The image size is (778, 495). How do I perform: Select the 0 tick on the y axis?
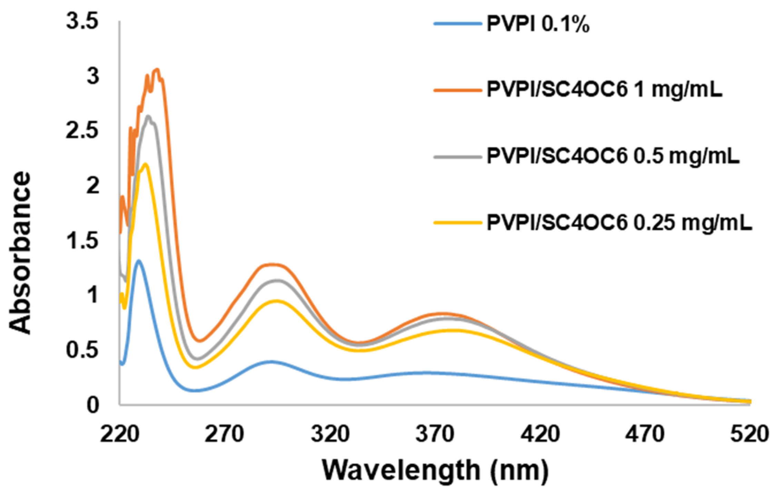(x=92, y=405)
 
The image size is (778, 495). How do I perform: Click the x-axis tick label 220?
(x=119, y=434)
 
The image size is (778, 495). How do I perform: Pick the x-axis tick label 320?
(x=329, y=434)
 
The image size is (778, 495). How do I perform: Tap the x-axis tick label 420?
(x=540, y=434)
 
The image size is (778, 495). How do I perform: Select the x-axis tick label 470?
(x=644, y=434)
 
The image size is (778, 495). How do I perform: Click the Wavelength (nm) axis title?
(x=435, y=470)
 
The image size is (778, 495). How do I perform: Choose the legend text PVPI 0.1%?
(x=538, y=24)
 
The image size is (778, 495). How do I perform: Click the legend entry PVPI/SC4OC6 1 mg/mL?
(x=604, y=90)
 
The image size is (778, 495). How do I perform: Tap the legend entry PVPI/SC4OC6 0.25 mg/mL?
(x=619, y=223)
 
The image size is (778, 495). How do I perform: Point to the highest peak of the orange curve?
(x=157, y=69)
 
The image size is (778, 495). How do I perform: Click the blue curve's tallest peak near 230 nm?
(x=139, y=260)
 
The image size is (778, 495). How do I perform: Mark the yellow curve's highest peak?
(x=146, y=164)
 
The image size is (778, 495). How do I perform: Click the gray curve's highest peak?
(x=149, y=116)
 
